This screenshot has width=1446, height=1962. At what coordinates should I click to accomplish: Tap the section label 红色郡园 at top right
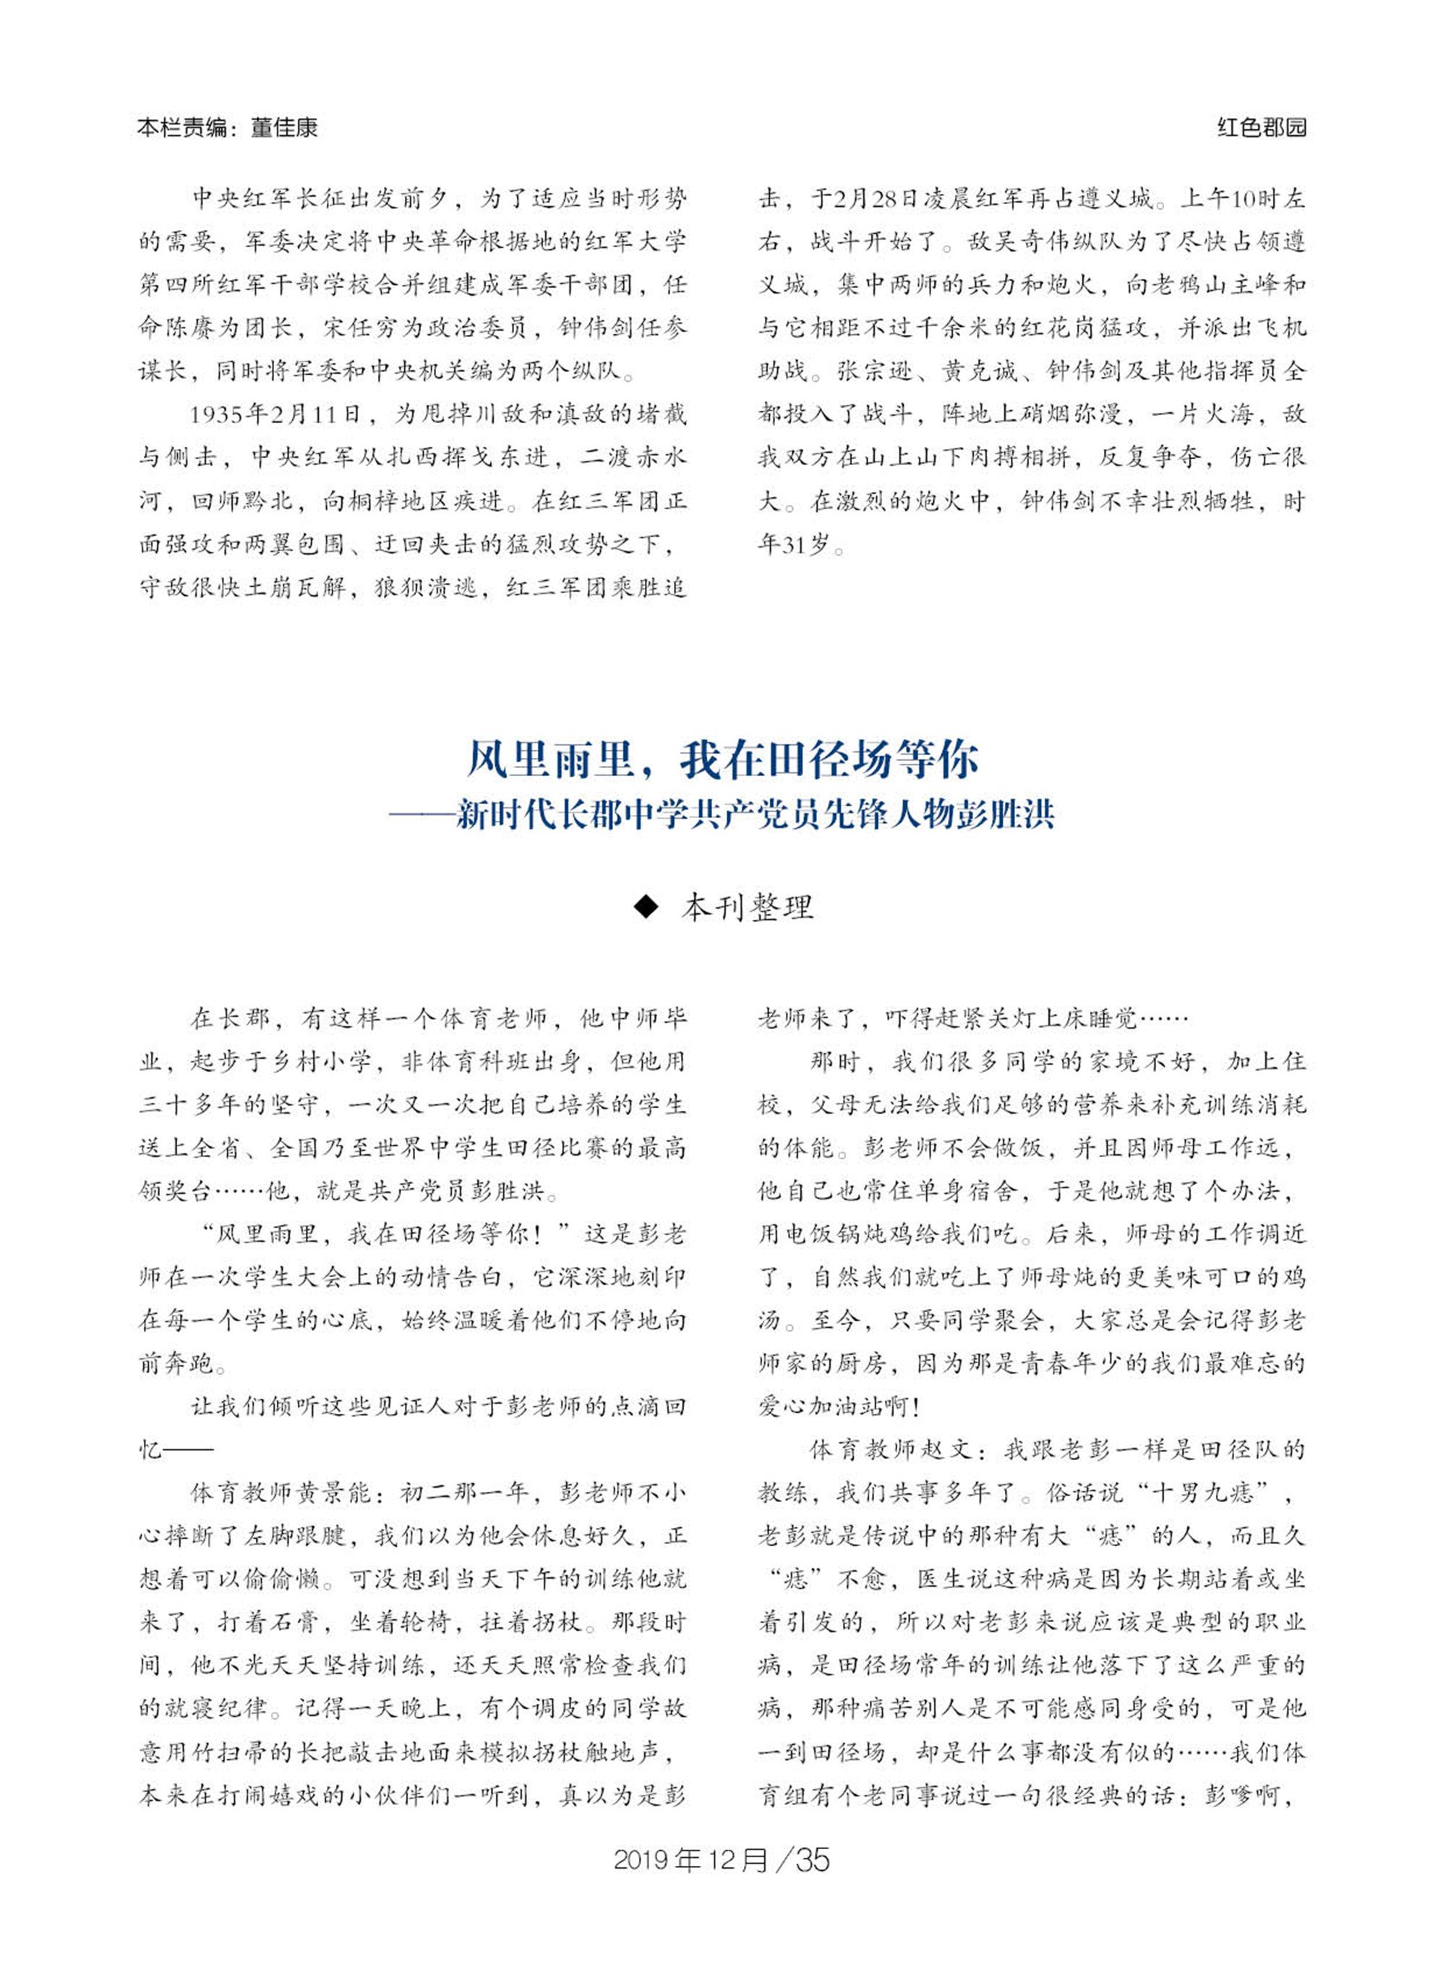1262,128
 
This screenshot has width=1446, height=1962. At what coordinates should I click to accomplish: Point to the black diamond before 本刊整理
645,907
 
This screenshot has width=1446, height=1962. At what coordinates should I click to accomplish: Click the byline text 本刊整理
748,907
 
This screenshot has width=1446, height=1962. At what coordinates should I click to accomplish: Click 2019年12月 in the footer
691,1858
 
